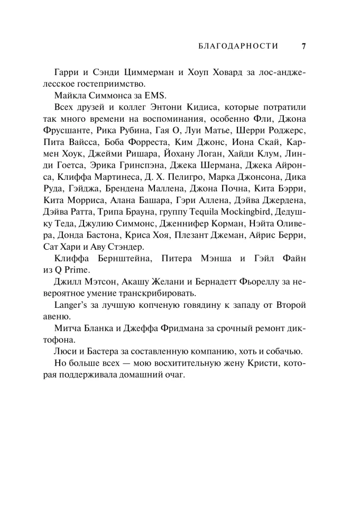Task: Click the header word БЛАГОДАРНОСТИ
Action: [x=238, y=46]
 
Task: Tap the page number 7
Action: [x=303, y=46]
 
